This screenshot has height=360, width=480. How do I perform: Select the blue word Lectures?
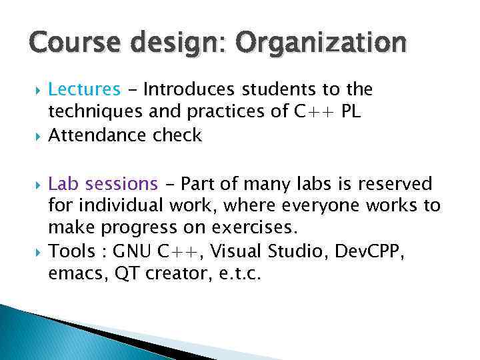tap(85, 89)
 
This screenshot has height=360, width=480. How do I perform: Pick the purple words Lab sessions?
tap(103, 183)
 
